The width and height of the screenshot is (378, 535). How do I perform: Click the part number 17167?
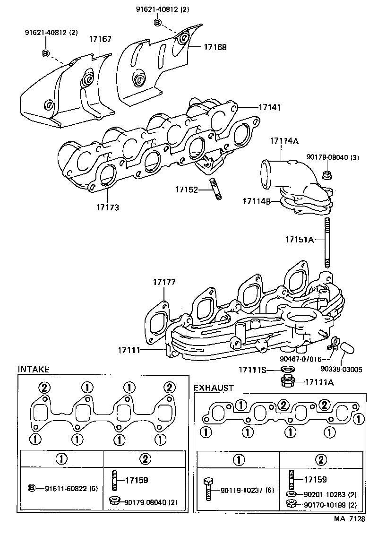[x=100, y=39]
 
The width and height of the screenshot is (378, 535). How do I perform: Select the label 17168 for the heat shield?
[x=215, y=47]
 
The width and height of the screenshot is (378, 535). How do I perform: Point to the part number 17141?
[x=269, y=107]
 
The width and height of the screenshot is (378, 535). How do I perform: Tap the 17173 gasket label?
[x=108, y=207]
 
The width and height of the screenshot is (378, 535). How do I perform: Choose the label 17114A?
[x=284, y=141]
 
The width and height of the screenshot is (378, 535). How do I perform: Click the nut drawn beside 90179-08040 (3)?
[x=326, y=175]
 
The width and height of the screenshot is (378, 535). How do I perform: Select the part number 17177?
[x=164, y=282]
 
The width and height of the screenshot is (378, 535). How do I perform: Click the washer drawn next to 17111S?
[x=285, y=369]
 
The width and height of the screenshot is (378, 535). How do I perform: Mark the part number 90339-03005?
[x=341, y=369]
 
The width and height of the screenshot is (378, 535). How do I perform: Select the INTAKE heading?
[x=34, y=369]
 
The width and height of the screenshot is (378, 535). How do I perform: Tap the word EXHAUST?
[x=214, y=388]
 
